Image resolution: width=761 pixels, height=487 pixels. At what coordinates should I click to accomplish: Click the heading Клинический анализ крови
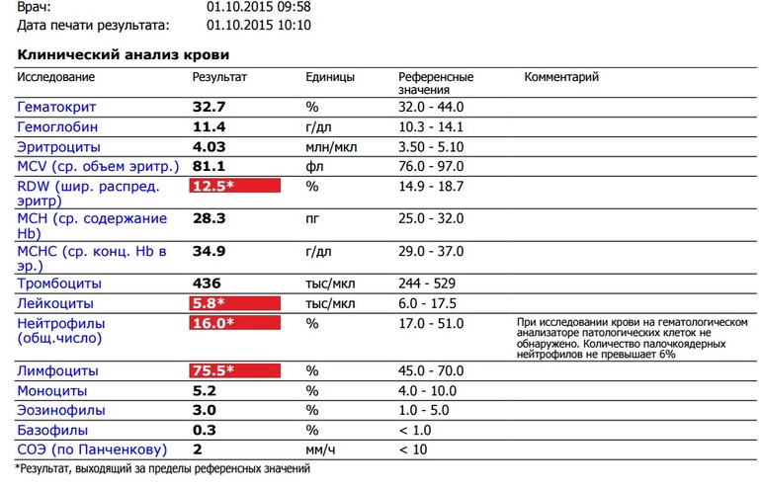click(124, 54)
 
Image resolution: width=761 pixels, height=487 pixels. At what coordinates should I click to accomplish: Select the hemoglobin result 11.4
click(209, 126)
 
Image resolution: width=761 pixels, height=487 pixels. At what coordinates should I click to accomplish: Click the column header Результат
click(218, 77)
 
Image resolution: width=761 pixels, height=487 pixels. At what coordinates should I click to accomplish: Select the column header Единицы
click(330, 77)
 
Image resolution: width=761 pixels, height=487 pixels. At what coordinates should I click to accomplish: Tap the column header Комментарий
click(561, 77)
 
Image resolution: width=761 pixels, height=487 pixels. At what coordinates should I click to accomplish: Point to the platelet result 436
click(205, 284)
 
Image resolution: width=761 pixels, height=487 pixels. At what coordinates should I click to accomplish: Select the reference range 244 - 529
click(431, 284)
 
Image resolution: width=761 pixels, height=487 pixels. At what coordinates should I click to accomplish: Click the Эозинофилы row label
click(60, 410)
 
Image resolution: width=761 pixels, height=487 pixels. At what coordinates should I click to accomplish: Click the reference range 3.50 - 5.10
click(432, 146)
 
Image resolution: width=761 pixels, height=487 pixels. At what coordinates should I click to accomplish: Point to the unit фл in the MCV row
click(314, 166)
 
